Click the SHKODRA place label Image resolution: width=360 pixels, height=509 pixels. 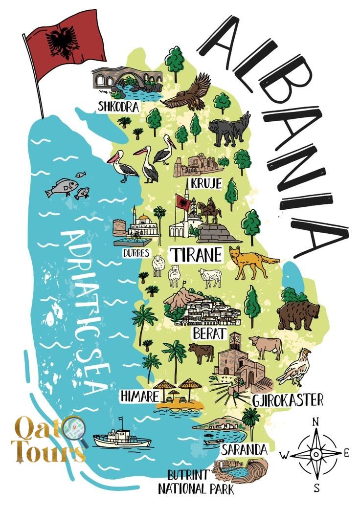(x=118, y=107)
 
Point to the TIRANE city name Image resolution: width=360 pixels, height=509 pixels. (x=195, y=254)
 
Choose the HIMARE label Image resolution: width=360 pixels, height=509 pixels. (x=139, y=396)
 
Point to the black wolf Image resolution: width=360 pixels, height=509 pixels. (x=229, y=129)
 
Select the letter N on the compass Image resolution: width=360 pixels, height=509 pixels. (x=315, y=421)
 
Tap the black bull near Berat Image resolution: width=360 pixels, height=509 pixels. (x=201, y=352)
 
